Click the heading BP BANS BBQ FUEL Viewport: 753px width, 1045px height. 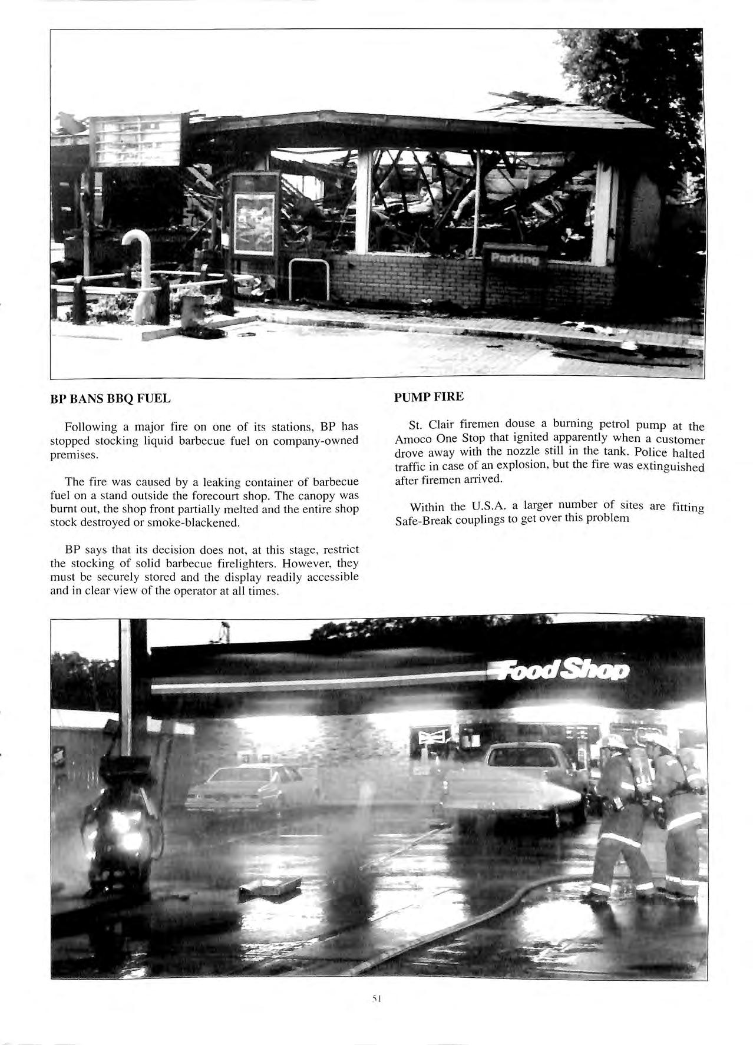(x=110, y=399)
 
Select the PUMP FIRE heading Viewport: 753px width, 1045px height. (x=428, y=396)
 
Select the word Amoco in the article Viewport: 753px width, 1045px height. (x=414, y=440)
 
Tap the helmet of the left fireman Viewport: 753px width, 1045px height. (x=613, y=743)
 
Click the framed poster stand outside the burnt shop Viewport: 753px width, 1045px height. (x=255, y=215)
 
